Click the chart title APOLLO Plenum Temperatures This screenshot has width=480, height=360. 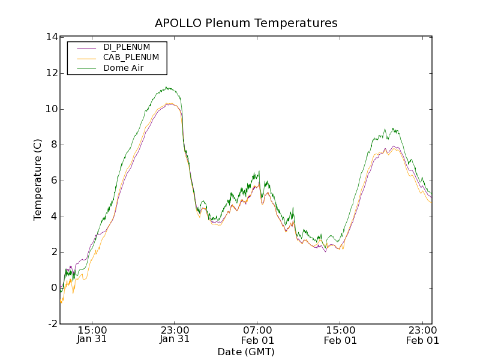246,23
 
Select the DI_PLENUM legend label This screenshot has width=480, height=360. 127,47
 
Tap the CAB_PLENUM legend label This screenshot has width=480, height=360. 131,57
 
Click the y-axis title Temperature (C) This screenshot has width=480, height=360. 38,181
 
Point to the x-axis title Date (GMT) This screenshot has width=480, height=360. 246,352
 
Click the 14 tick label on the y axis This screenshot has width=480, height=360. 52,37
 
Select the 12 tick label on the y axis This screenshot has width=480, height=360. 52,73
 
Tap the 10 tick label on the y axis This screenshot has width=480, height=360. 52,109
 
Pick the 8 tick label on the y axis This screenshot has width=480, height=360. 54,145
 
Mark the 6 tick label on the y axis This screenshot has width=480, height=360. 54,181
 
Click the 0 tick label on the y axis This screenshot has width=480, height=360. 54,288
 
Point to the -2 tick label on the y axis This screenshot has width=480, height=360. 52,324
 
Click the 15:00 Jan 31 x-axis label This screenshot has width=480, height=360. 92,334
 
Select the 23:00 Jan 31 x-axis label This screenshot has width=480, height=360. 175,334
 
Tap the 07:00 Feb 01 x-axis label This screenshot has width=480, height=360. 257,334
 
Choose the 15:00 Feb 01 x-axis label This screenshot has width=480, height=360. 340,334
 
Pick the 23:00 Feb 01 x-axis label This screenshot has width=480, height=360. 423,334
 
